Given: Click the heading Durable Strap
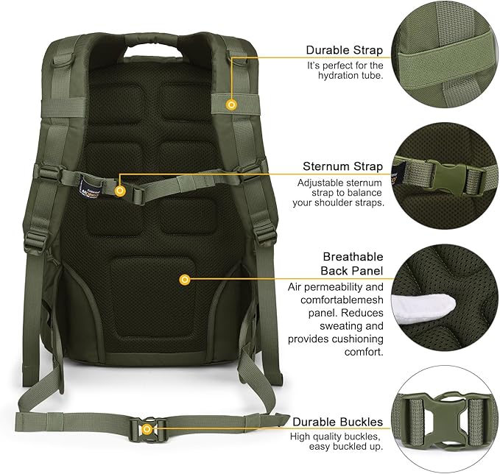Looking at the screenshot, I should [345, 51].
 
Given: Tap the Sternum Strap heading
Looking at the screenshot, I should [342, 166].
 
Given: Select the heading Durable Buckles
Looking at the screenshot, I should [337, 422].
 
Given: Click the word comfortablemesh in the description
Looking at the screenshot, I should [342, 300].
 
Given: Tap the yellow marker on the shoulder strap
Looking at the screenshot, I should [232, 105].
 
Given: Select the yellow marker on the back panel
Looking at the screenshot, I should [185, 279].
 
